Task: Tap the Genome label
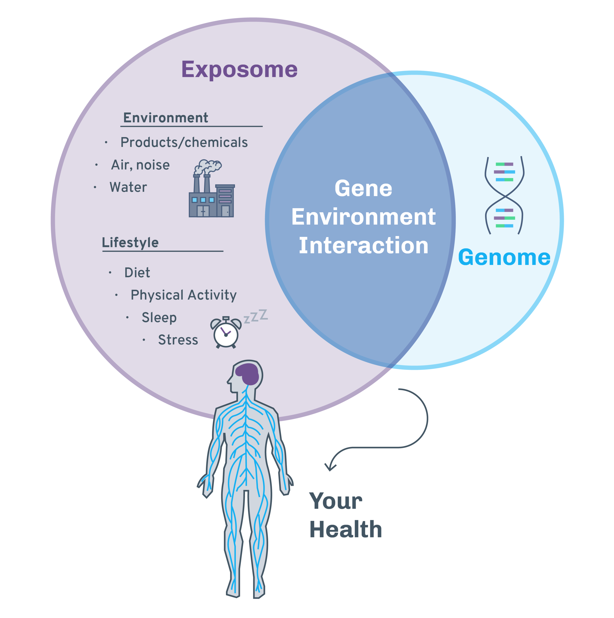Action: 504,257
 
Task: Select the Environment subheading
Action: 166,118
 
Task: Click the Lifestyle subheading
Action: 130,242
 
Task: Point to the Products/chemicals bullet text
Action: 184,142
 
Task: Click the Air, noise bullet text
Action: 140,165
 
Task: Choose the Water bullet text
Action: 128,187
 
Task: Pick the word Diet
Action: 137,272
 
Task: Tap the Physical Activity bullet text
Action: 184,295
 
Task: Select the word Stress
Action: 178,340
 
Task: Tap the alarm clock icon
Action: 225,333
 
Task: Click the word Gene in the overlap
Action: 363,188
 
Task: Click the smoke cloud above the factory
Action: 208,166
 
